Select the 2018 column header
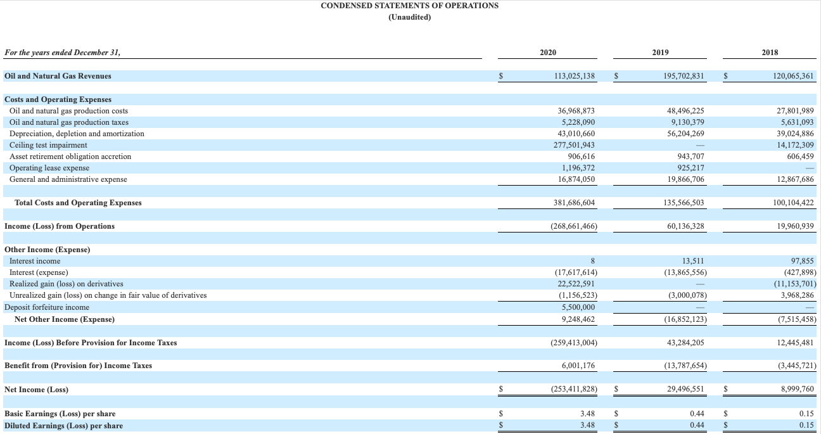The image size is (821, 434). [x=770, y=53]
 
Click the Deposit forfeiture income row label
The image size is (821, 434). [x=47, y=307]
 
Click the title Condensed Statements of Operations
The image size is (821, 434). [x=409, y=6]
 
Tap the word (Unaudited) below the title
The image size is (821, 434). [x=409, y=17]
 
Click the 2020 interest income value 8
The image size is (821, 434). [x=592, y=261]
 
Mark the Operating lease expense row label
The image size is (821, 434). [x=49, y=168]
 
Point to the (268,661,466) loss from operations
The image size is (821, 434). [x=572, y=226]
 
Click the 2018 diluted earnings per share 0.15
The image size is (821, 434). [x=806, y=426]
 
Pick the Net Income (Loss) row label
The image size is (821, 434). [x=36, y=390]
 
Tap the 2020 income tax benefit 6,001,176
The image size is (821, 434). [x=578, y=366]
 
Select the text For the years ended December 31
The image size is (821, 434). [x=62, y=53]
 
